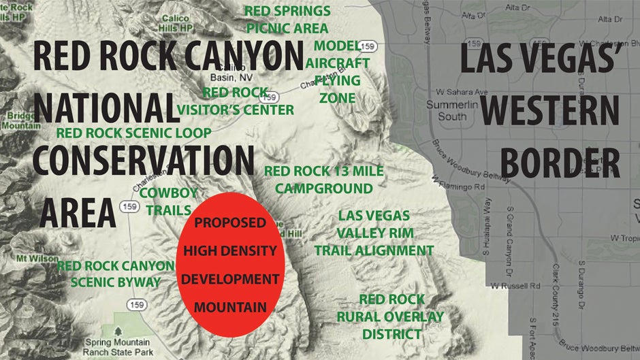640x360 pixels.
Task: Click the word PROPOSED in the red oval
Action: click(x=229, y=223)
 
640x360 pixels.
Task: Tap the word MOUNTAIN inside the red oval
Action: click(x=230, y=307)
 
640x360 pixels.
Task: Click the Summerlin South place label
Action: click(x=447, y=111)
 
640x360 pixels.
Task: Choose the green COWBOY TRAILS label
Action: click(x=168, y=201)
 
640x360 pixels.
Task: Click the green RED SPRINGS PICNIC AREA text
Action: click(x=287, y=20)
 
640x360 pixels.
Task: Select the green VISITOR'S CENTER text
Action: click(x=236, y=110)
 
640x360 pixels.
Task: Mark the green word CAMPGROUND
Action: click(x=323, y=188)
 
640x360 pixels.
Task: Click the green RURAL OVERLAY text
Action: click(x=390, y=316)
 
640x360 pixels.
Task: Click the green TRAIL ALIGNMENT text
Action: click(x=374, y=250)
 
